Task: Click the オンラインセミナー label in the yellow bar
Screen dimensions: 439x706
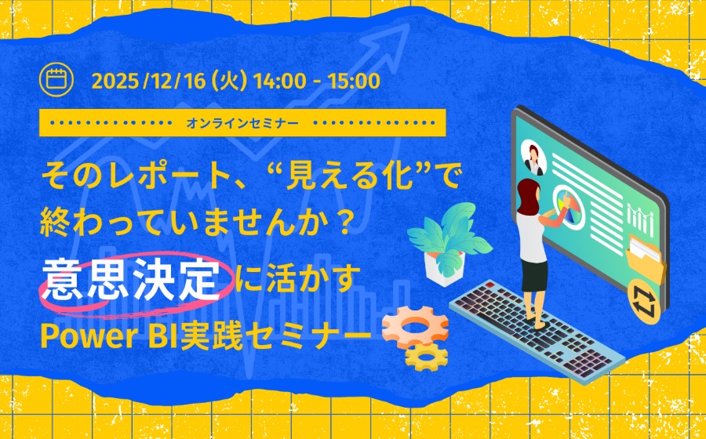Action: point(243,123)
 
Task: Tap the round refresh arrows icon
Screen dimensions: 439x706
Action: point(642,300)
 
